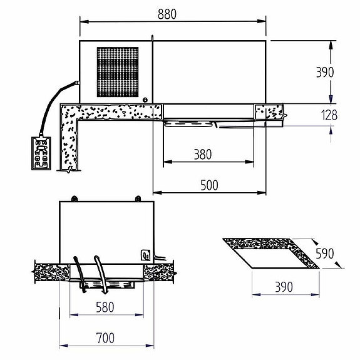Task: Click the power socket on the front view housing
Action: point(146,255)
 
